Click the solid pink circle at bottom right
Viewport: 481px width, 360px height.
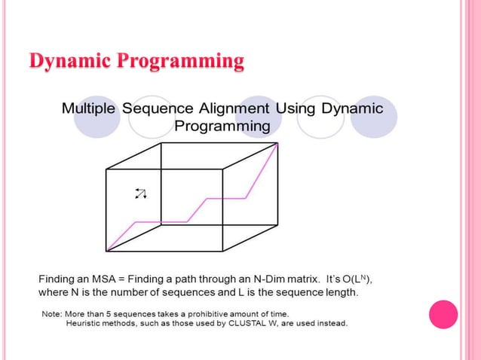point(443,315)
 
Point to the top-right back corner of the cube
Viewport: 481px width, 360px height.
point(277,143)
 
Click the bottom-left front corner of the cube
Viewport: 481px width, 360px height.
point(107,251)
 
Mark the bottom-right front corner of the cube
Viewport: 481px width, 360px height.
point(222,251)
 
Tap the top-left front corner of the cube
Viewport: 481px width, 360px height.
point(107,169)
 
